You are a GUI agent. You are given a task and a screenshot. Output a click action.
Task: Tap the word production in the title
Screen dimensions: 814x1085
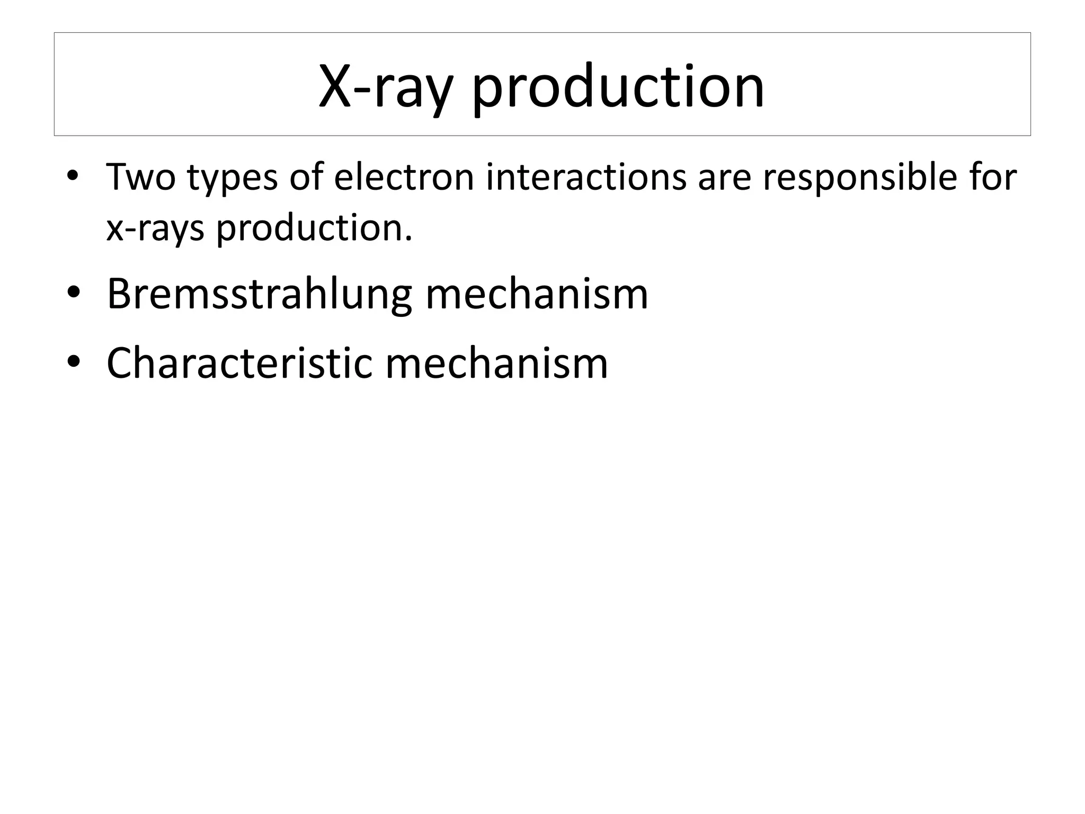coord(618,86)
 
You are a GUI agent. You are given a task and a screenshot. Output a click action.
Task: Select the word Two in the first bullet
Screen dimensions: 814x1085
coord(140,177)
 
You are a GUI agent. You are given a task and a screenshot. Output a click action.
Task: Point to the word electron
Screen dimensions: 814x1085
coord(404,177)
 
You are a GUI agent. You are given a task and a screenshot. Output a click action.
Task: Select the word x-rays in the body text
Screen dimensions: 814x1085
coord(155,229)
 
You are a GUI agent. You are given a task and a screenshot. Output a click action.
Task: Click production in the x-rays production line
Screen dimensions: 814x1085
coord(309,229)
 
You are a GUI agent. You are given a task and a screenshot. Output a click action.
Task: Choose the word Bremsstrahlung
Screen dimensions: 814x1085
coord(259,295)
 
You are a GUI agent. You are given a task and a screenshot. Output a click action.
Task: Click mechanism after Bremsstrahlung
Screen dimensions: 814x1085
coord(537,295)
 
